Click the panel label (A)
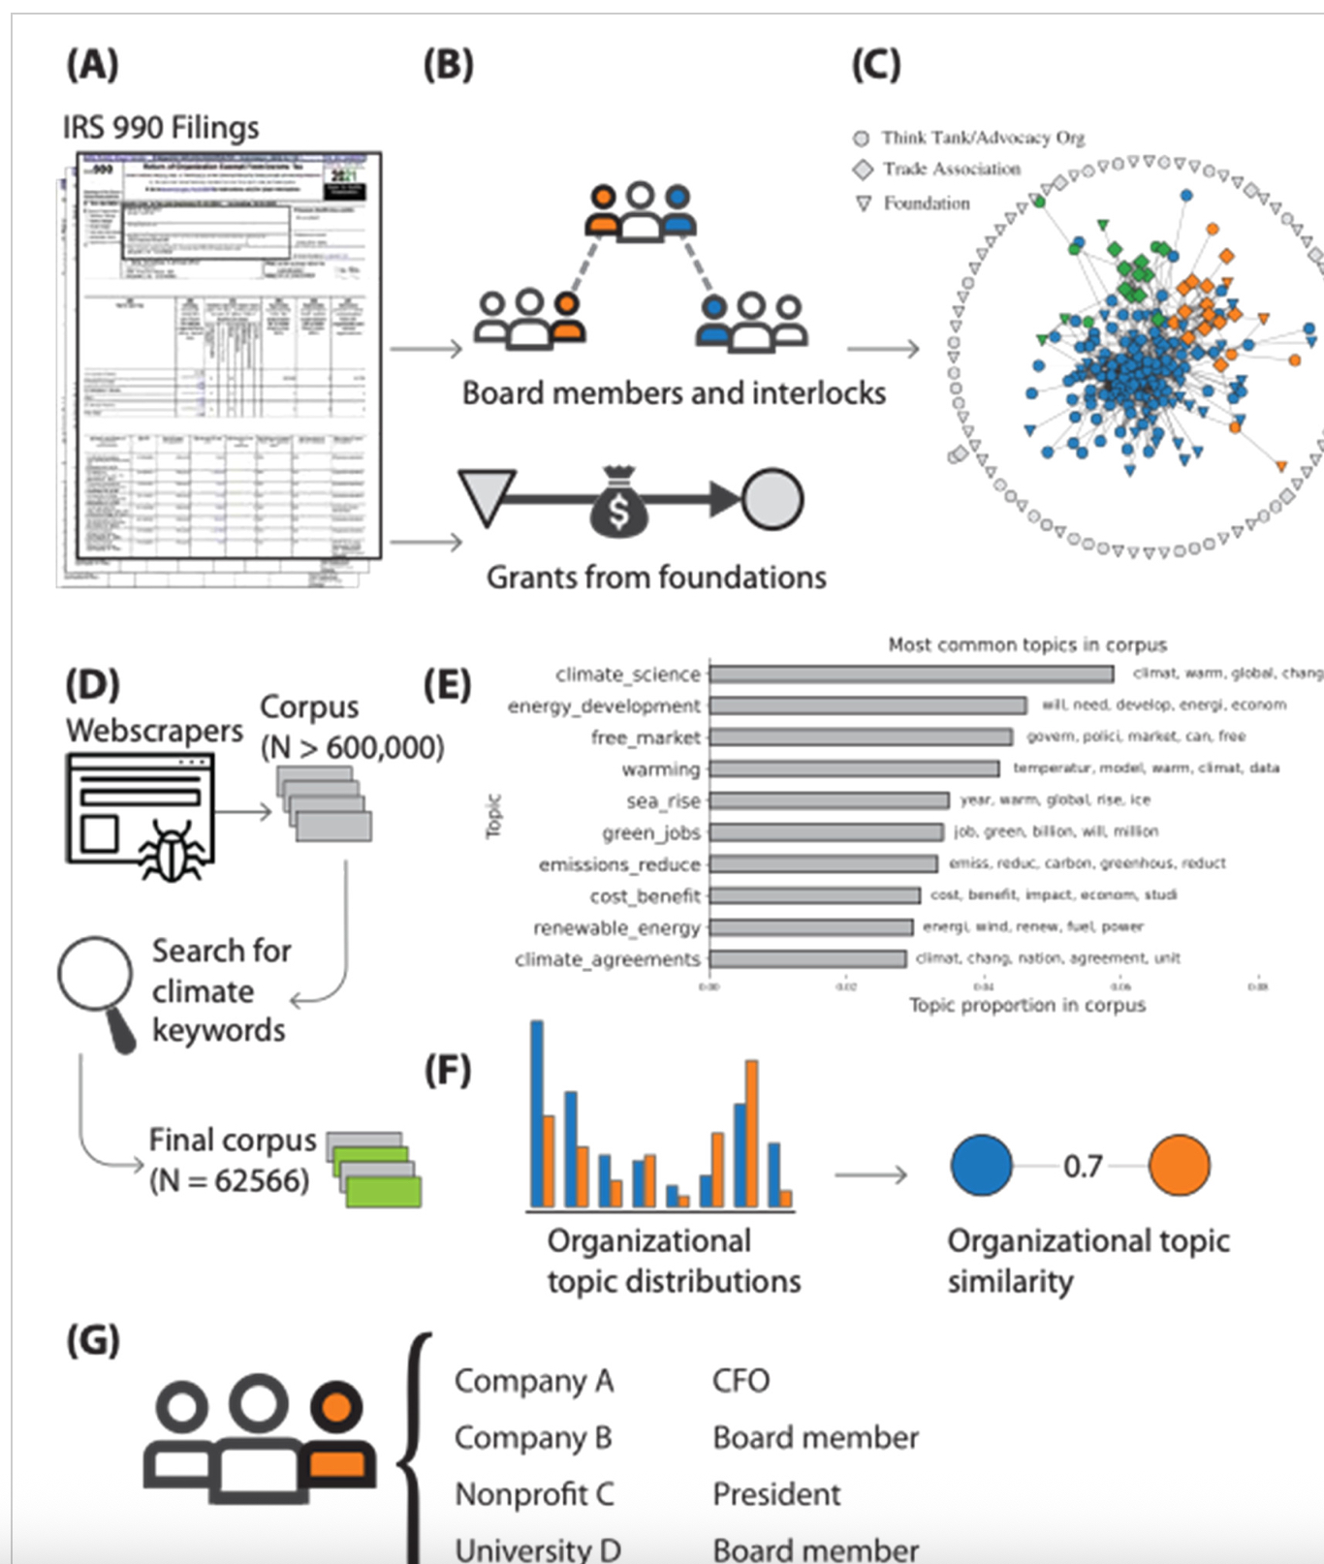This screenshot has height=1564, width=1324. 92,66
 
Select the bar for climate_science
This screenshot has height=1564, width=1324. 911,674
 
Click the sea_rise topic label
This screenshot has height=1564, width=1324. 663,801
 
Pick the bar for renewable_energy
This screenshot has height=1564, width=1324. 810,927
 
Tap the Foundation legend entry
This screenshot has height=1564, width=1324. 925,203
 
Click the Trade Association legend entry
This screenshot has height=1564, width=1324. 950,170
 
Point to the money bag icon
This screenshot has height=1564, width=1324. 618,501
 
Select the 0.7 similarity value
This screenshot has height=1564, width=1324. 1082,1166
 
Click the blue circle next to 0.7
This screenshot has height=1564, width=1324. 981,1166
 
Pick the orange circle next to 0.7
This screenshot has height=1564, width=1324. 1179,1166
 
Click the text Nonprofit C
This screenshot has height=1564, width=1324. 534,1494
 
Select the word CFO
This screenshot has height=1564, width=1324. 741,1381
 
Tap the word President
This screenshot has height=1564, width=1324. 776,1494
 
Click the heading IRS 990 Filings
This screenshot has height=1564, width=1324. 161,128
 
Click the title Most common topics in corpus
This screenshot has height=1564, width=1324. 1027,645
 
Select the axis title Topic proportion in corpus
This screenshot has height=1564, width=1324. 1026,1006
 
